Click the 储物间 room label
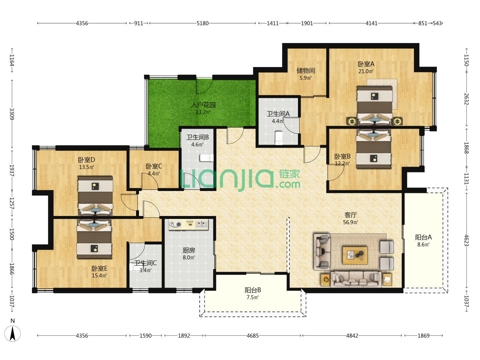(x=305, y=71)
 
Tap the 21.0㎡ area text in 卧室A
(x=366, y=71)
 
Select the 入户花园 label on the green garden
(x=203, y=105)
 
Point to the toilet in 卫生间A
(x=279, y=138)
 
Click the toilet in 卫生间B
(x=206, y=158)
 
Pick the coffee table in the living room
(x=355, y=255)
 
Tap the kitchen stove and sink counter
(x=188, y=225)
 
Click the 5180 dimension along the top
(x=202, y=23)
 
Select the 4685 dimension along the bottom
(x=253, y=336)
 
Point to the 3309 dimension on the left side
(x=12, y=114)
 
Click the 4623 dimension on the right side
(x=466, y=240)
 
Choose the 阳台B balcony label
(x=253, y=290)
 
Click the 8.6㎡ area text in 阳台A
(x=423, y=245)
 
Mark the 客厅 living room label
(x=351, y=215)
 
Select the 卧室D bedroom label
(x=86, y=160)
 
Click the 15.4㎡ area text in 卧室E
(x=99, y=275)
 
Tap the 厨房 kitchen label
(x=189, y=250)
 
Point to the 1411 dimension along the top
(x=272, y=23)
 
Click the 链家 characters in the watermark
(x=289, y=174)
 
